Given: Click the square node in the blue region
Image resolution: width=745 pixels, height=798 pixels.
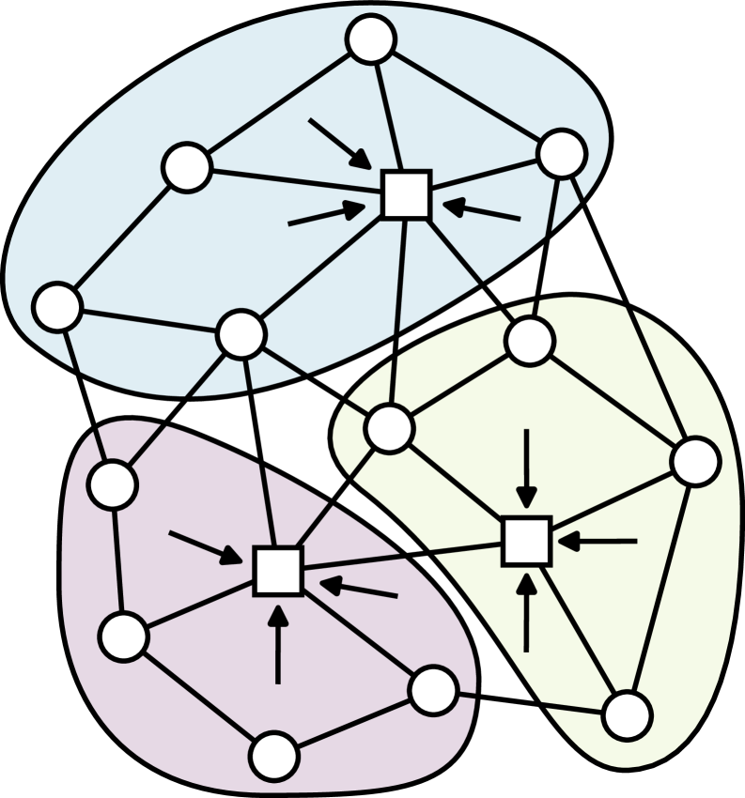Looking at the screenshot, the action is click(x=406, y=195).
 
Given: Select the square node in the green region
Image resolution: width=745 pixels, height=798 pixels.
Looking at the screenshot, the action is click(x=526, y=541).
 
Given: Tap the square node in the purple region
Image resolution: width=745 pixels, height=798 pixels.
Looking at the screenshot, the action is click(x=278, y=571).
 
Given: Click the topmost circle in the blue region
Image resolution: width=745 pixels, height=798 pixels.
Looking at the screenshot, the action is click(x=371, y=39).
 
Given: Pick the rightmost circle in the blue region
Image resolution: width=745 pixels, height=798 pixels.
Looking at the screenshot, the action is click(x=562, y=153).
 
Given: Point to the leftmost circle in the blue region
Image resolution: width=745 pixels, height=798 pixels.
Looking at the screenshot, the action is click(x=57, y=307).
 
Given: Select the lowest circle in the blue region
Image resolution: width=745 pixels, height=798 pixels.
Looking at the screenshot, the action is click(x=241, y=334).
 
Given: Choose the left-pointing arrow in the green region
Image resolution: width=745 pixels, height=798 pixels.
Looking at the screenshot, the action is click(x=598, y=541).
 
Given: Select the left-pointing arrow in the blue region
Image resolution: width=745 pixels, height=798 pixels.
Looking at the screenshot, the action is click(x=481, y=211).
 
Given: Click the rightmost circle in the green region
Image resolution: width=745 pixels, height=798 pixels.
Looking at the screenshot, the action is click(x=695, y=461).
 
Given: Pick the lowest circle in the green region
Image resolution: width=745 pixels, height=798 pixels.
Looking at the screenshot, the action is click(x=627, y=715).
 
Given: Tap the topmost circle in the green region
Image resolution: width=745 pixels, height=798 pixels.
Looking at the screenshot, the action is click(x=530, y=341).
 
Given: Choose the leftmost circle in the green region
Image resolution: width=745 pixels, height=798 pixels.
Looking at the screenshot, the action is click(x=389, y=428).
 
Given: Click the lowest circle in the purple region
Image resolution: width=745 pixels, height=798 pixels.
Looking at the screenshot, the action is click(x=274, y=756).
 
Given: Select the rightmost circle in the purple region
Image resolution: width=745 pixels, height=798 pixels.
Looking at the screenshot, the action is click(x=433, y=690).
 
